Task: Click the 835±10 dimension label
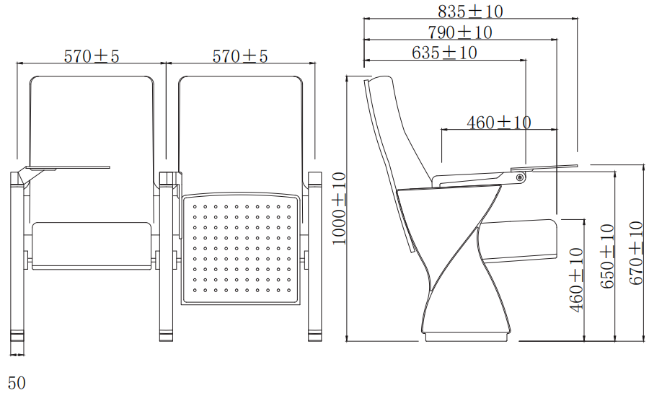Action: tap(470, 11)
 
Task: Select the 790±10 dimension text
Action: tap(460, 32)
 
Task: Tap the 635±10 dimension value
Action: tap(444, 53)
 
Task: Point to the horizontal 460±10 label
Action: tap(499, 122)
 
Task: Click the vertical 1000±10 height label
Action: tap(339, 208)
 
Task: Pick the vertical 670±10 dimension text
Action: tap(636, 253)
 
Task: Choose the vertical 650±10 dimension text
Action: tap(607, 256)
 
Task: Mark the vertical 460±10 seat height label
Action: tap(576, 280)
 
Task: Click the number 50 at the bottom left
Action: tap(17, 383)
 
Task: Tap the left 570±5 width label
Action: tap(91, 56)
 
